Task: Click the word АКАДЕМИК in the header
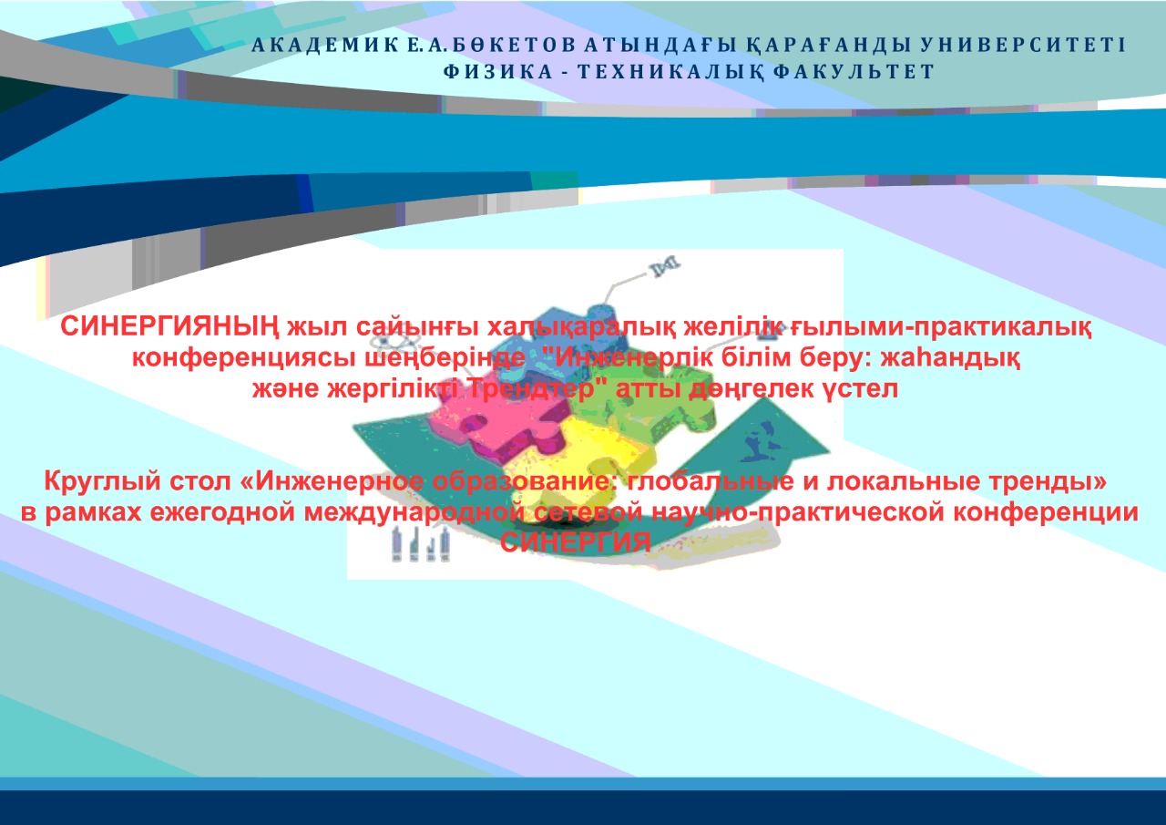(x=324, y=46)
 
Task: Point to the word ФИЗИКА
(x=497, y=72)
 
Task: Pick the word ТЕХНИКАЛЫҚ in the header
(x=670, y=72)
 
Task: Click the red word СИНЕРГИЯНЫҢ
(x=169, y=327)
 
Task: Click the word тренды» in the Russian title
(x=1048, y=481)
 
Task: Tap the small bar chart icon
(x=421, y=544)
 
